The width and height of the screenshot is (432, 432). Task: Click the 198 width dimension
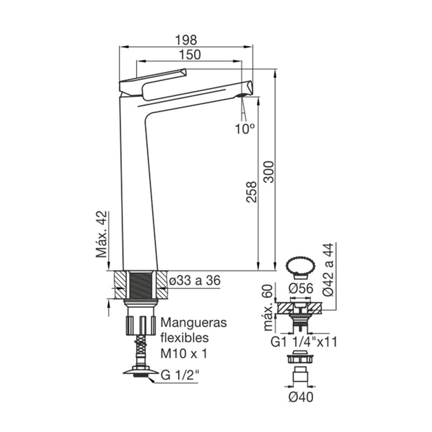click(186, 40)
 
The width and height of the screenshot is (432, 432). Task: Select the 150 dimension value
click(190, 55)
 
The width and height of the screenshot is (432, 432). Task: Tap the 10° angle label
click(245, 129)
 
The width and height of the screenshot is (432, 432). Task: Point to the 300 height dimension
click(268, 172)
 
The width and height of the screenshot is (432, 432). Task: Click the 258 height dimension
click(251, 192)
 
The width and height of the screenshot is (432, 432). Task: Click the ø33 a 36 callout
click(195, 280)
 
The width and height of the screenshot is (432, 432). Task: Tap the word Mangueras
click(194, 322)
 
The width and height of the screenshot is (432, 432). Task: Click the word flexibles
click(185, 337)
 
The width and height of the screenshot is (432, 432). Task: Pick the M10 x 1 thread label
click(184, 354)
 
